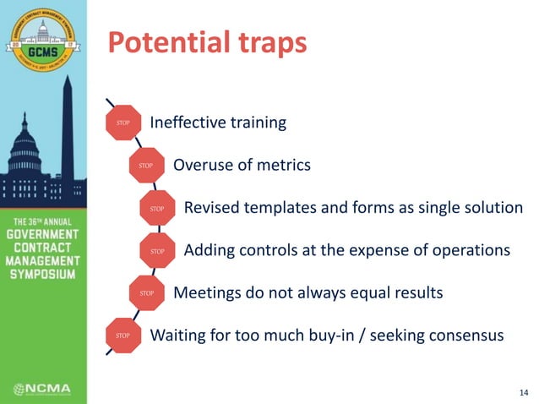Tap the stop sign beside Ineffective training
(x=121, y=123)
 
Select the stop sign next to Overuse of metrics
(x=144, y=166)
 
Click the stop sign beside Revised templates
(x=155, y=208)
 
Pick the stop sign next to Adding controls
(x=155, y=251)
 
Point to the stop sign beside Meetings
(x=144, y=293)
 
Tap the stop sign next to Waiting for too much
(x=121, y=336)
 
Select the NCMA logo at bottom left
(x=42, y=390)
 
